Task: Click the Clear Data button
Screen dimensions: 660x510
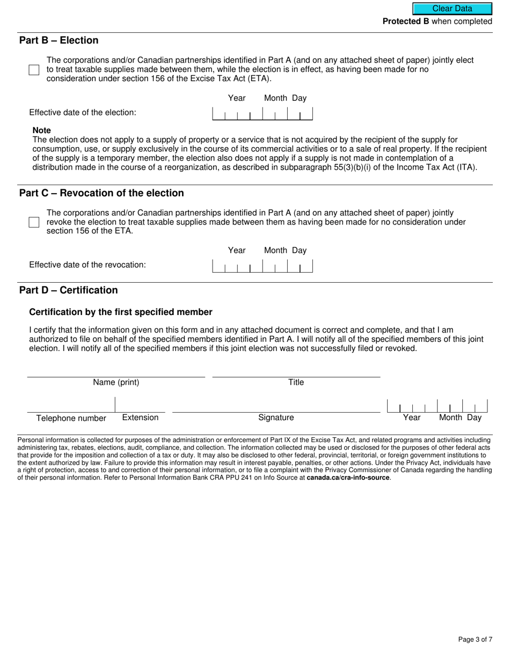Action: coord(452,9)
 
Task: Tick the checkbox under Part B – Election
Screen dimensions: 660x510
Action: coord(34,70)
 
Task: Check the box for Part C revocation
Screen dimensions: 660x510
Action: coord(34,222)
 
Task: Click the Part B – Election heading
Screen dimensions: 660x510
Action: coord(59,40)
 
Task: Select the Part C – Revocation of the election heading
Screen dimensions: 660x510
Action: coord(101,193)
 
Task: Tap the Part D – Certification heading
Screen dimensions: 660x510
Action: coord(69,290)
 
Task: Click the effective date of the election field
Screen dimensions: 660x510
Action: coord(263,113)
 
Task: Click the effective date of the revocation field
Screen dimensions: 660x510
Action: coord(263,266)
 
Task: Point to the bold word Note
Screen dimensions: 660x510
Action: coord(42,130)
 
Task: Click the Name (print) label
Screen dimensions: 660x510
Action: coord(116,383)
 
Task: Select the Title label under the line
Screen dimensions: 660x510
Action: coord(296,383)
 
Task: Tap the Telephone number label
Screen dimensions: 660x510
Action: coord(71,419)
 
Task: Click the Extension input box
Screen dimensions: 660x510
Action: coord(140,405)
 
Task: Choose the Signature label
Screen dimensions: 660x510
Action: coord(276,417)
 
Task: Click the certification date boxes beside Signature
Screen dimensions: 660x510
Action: coord(437,406)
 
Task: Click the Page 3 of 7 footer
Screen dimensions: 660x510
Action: coord(475,639)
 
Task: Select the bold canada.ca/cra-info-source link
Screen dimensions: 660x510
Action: coord(348,478)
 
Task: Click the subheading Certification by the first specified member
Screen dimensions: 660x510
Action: coord(121,312)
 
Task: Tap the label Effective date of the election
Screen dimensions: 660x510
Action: coord(83,113)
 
